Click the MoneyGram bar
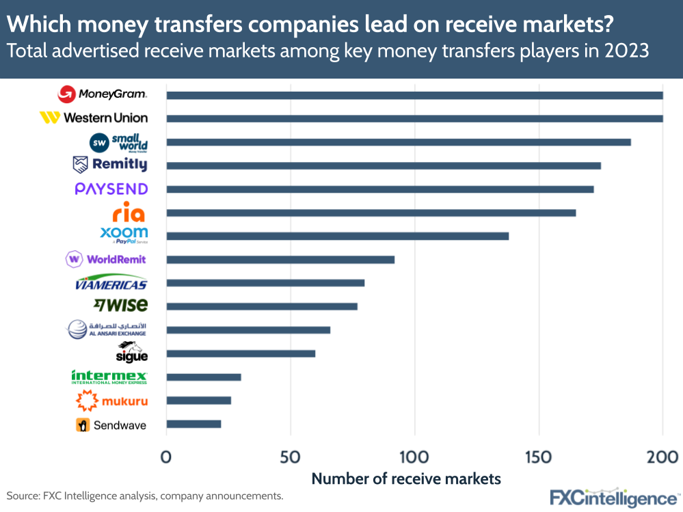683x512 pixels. coord(414,95)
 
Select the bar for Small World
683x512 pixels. coord(399,142)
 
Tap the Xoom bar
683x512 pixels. coord(338,236)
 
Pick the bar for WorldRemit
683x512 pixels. coord(280,260)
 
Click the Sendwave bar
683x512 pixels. coord(193,424)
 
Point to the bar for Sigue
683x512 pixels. coord(241,353)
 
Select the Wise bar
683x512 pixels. coord(262,306)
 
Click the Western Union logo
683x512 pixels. coord(94,118)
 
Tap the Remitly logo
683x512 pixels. coord(110,165)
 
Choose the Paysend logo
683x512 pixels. coord(111,189)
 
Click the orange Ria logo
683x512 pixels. coord(129,212)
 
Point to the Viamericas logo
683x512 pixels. coord(111,284)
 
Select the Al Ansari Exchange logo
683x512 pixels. coord(107,329)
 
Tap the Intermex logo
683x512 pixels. coord(109,377)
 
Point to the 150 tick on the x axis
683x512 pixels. coord(539,457)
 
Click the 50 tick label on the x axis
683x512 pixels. coord(291,457)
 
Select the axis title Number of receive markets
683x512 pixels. coord(406,479)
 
